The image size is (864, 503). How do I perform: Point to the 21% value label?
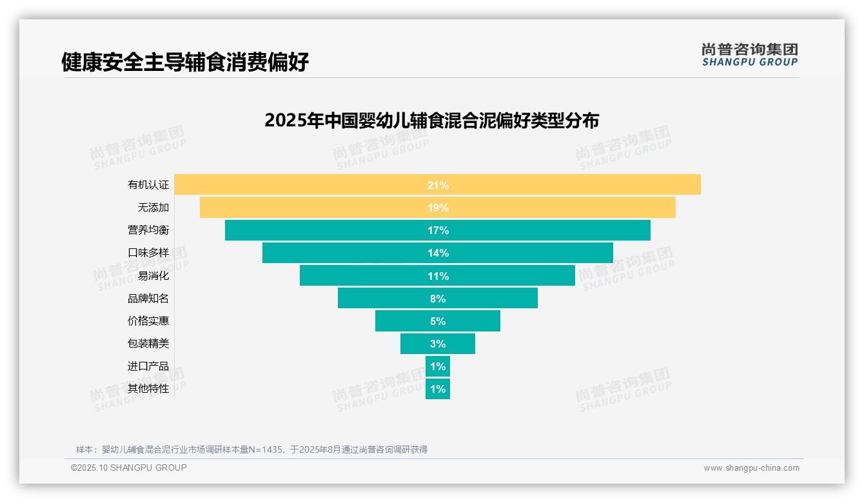[x=438, y=185]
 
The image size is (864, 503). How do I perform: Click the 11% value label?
[x=438, y=276]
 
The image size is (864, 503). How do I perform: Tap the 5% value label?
[x=438, y=321]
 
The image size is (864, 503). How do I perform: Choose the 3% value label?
[x=438, y=344]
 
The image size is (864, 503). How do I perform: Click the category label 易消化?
[x=153, y=275]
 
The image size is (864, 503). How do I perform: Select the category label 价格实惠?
[x=148, y=321]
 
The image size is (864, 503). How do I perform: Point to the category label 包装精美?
[x=148, y=343]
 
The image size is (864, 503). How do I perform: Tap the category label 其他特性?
[x=148, y=388]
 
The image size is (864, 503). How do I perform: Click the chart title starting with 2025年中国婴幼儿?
[x=431, y=121]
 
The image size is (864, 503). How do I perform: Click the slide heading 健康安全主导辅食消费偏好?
[x=185, y=62]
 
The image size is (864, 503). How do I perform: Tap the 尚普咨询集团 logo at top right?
[x=749, y=55]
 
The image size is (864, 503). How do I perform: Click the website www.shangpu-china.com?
[x=751, y=468]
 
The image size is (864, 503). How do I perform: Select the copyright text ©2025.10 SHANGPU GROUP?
[x=129, y=468]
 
